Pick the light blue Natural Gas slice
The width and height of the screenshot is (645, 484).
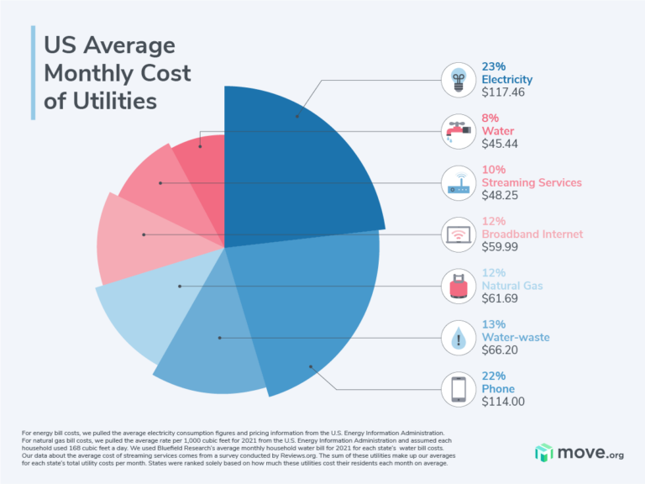click(x=151, y=311)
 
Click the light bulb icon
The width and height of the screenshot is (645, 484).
click(x=459, y=81)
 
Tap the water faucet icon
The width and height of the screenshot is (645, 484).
click(x=459, y=132)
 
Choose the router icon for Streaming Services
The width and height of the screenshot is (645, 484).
click(x=459, y=183)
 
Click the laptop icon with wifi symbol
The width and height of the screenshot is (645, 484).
click(x=459, y=234)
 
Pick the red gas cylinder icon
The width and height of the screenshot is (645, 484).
click(x=459, y=286)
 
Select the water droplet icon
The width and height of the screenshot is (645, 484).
click(x=459, y=337)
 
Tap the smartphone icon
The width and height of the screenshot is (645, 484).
click(x=459, y=389)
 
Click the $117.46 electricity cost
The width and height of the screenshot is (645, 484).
click(x=503, y=92)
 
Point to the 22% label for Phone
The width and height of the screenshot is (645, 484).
click(x=493, y=376)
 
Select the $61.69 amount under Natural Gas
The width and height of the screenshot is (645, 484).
click(x=502, y=298)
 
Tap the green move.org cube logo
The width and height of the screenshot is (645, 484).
click(x=544, y=452)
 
